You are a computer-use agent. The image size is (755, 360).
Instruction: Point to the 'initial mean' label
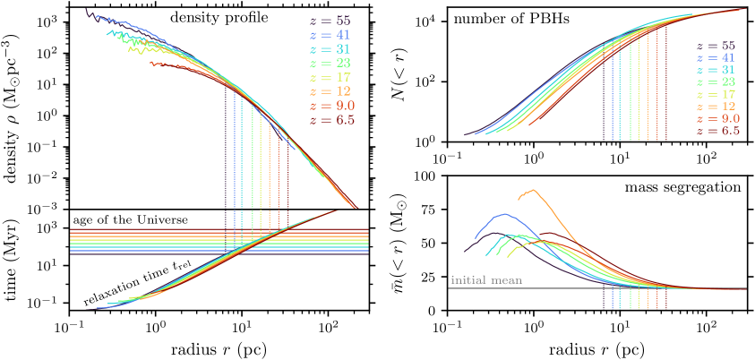(x=482, y=280)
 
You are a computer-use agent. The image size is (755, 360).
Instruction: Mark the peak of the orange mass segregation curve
(x=534, y=190)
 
